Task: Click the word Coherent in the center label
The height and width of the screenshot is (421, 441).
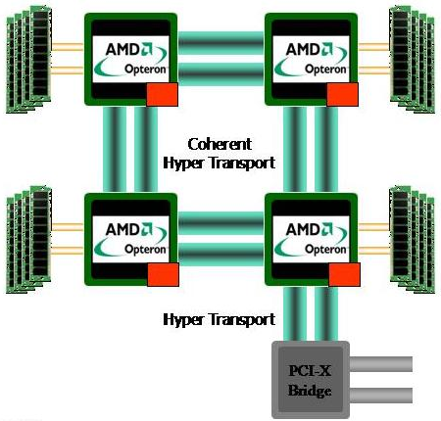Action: click(x=220, y=144)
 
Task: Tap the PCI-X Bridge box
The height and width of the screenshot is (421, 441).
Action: click(x=311, y=380)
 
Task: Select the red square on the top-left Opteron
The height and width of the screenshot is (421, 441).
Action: click(x=162, y=95)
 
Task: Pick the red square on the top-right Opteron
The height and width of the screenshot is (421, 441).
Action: click(x=342, y=94)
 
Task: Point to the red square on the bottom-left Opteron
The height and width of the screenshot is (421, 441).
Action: click(x=163, y=275)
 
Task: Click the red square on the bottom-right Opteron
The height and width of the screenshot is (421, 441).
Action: click(x=344, y=275)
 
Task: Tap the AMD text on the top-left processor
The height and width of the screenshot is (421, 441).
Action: click(x=122, y=50)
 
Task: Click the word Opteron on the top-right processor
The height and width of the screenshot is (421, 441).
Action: click(x=325, y=70)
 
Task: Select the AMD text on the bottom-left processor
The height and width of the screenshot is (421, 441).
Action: click(x=122, y=229)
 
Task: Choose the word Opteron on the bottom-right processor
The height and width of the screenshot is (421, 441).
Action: click(x=325, y=250)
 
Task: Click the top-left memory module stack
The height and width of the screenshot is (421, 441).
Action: click(x=28, y=60)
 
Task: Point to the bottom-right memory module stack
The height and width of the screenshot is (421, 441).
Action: click(x=413, y=239)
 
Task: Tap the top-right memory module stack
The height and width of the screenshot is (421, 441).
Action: click(x=413, y=60)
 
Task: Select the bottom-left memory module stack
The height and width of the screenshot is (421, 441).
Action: click(x=28, y=239)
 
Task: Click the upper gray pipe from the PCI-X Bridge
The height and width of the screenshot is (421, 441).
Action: click(x=381, y=364)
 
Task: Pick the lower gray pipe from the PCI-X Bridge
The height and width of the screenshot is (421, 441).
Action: click(x=381, y=396)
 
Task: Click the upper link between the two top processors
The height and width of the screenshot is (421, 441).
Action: click(x=220, y=43)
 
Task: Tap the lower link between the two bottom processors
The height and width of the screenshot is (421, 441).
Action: click(x=220, y=255)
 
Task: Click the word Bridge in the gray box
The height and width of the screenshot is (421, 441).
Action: click(x=310, y=391)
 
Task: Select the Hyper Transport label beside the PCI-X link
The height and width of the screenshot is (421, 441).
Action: click(x=219, y=319)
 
